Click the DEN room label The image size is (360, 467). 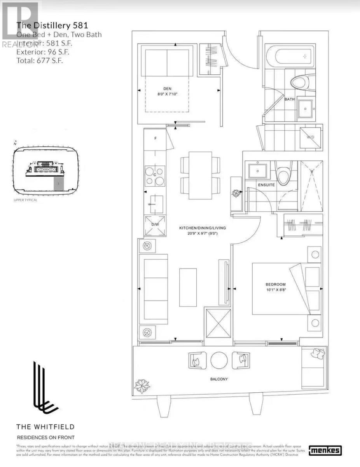coord(167,88)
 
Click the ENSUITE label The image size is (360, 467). coord(266,184)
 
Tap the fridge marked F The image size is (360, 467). coord(155,138)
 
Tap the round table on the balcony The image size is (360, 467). coord(219,360)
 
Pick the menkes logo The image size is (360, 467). coord(325,451)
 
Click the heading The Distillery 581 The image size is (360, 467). coord(52,26)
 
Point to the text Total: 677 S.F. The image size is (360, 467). coord(39,60)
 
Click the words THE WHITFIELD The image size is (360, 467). coord(45,427)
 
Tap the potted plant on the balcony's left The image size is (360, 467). coord(142,386)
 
